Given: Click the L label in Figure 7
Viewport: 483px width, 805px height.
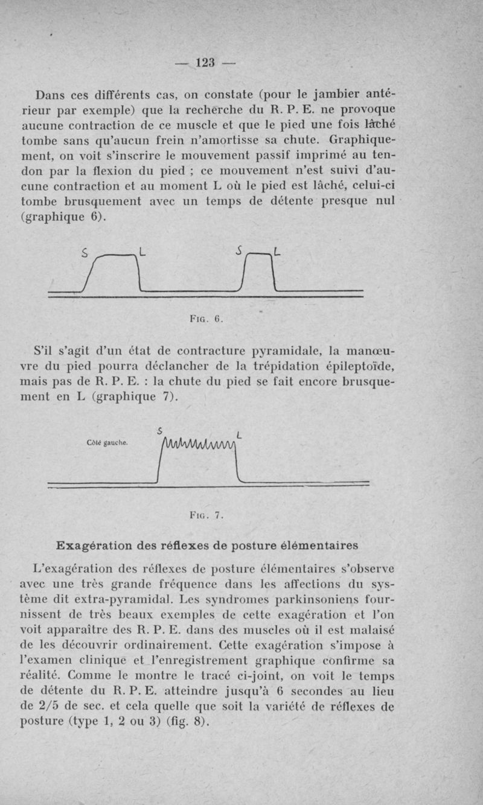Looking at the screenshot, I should [240, 435].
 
